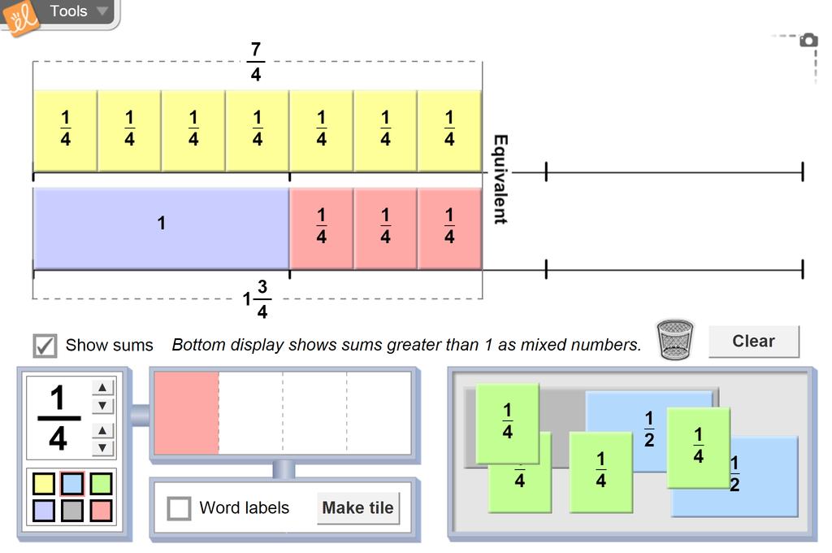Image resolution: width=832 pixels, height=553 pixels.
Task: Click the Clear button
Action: tap(753, 342)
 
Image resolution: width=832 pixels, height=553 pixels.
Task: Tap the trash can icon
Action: tap(675, 340)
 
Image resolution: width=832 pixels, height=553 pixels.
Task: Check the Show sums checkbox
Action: tap(45, 345)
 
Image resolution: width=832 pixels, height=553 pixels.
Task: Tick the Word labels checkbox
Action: tap(179, 508)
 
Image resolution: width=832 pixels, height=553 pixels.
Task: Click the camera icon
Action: tap(808, 40)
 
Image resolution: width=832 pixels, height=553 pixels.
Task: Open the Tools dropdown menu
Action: tap(78, 11)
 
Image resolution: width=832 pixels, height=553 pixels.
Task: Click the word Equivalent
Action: tap(500, 179)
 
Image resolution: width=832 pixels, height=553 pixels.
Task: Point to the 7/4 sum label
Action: tap(256, 63)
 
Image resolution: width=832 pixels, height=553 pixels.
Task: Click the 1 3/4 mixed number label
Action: tap(256, 299)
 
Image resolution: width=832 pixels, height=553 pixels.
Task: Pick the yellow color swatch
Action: tap(44, 485)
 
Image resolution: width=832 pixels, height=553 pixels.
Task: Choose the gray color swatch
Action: tap(73, 511)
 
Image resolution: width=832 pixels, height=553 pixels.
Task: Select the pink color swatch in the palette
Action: tap(102, 511)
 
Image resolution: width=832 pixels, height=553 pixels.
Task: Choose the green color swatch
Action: tap(102, 485)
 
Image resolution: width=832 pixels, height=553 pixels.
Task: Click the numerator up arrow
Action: tap(102, 388)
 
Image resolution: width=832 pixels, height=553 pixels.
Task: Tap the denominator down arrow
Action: tap(102, 447)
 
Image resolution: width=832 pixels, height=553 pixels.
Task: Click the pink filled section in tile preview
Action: tap(186, 413)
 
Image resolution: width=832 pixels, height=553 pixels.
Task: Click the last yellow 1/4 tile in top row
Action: tap(449, 130)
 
